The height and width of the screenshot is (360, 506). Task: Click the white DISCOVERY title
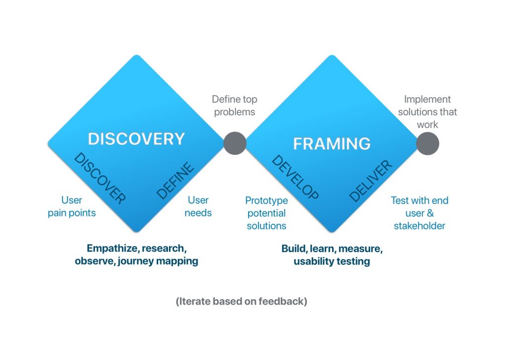click(x=136, y=139)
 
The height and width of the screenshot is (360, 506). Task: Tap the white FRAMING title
click(x=332, y=144)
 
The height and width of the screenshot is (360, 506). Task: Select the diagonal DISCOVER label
click(x=100, y=179)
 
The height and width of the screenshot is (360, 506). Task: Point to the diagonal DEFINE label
click(x=175, y=180)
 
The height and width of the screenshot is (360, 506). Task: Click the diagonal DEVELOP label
click(x=295, y=177)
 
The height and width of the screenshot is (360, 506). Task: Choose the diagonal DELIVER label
click(x=371, y=181)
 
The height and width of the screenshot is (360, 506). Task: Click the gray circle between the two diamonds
click(x=235, y=143)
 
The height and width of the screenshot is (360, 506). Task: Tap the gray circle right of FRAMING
click(x=427, y=143)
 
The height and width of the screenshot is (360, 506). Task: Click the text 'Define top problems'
click(x=235, y=106)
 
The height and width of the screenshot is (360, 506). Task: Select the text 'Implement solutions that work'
click(x=427, y=112)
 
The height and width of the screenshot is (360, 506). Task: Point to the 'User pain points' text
click(x=72, y=206)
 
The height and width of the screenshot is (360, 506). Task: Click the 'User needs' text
click(x=198, y=206)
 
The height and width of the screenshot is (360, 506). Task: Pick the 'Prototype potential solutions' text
click(x=266, y=213)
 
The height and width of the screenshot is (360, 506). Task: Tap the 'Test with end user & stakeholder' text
click(x=420, y=213)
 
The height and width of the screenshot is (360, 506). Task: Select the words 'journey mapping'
click(x=158, y=261)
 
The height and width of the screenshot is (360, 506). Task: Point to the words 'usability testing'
click(x=332, y=261)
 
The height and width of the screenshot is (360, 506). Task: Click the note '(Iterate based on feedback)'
click(x=241, y=301)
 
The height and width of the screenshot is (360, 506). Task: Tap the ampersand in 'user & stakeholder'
click(x=430, y=213)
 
